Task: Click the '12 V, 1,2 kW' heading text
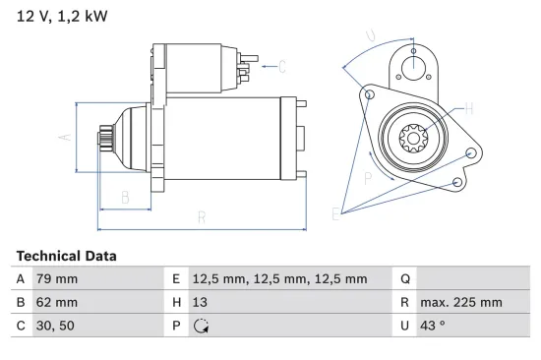(x=58, y=17)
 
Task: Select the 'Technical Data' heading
(x=66, y=255)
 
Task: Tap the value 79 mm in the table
(x=56, y=278)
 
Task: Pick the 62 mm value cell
(x=56, y=302)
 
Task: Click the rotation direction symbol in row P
(x=204, y=327)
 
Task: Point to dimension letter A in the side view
(x=66, y=138)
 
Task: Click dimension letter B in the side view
(x=125, y=199)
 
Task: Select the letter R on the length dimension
(x=201, y=218)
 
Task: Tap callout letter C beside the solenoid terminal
(x=281, y=67)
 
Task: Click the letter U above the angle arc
(x=370, y=37)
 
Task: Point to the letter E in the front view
(x=337, y=213)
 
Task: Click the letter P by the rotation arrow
(x=367, y=178)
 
